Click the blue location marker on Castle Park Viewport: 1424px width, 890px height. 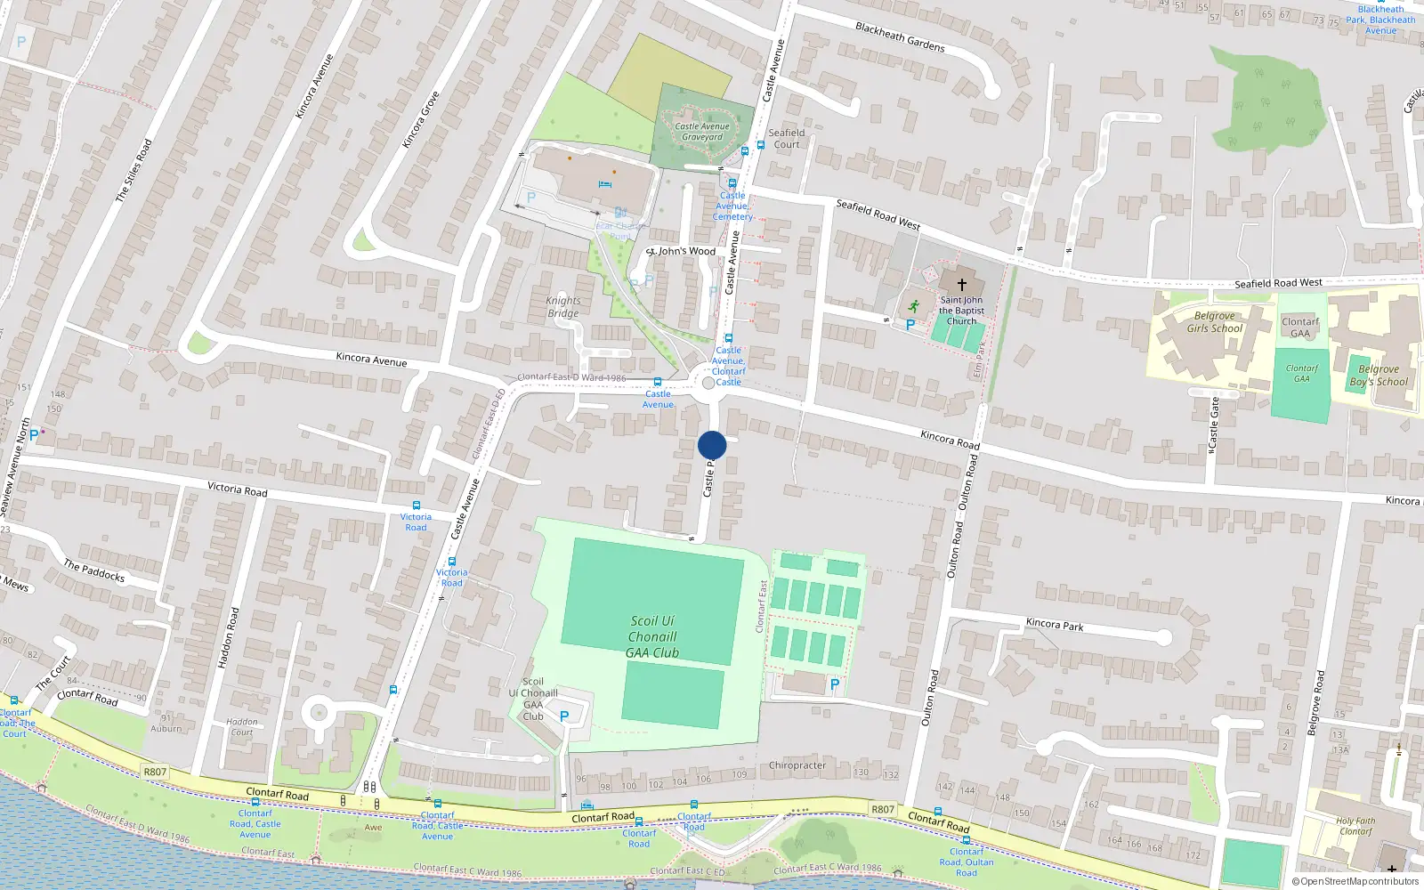coord(712,445)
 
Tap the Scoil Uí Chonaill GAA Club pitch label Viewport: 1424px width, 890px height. coord(652,636)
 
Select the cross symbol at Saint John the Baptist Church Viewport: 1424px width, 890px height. coord(961,285)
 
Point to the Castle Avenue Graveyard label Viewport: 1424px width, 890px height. coord(702,132)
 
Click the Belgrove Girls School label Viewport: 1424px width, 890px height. coord(1214,322)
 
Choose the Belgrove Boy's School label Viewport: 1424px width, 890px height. coord(1379,375)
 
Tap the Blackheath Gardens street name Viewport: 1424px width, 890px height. coord(900,36)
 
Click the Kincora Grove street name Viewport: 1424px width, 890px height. coord(420,119)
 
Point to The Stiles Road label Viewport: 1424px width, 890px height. coord(133,170)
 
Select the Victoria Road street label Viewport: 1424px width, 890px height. coord(237,489)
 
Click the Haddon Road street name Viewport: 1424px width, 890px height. coord(229,637)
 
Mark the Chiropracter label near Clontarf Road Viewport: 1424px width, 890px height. coord(797,765)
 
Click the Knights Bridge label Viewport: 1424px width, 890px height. coord(562,307)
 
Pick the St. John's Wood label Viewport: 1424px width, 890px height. coord(681,251)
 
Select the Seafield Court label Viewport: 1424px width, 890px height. coord(787,138)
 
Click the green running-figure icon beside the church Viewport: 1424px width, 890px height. coord(913,305)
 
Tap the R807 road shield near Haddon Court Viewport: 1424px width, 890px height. coord(155,772)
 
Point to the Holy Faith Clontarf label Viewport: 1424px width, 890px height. coord(1355,826)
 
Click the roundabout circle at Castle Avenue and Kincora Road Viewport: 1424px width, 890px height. coord(708,383)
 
